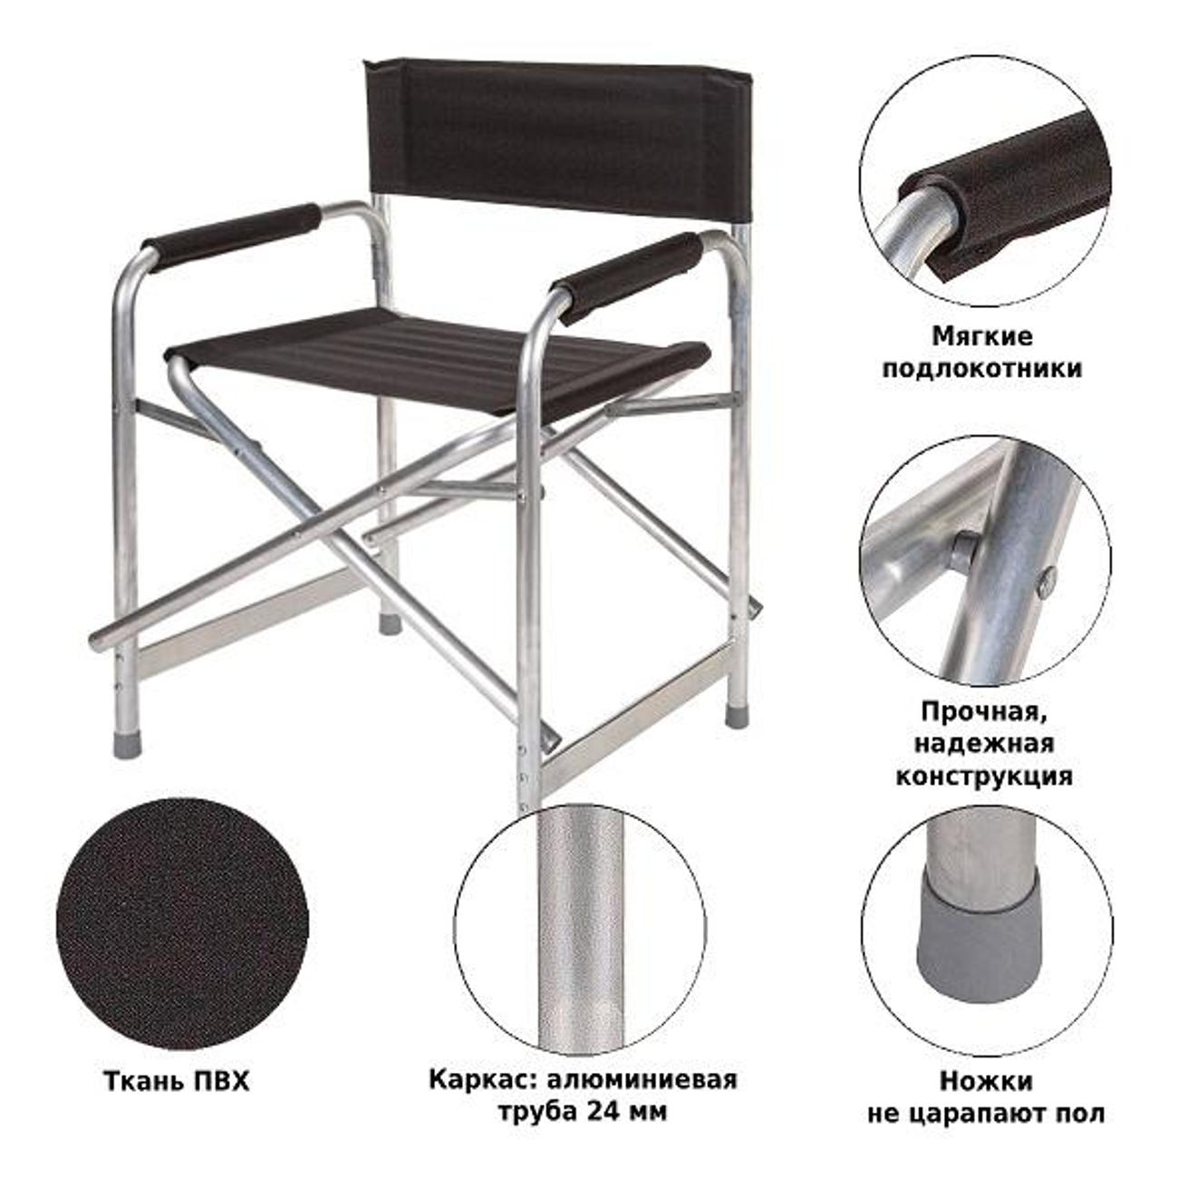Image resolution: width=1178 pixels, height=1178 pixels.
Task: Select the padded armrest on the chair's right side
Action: point(629,277)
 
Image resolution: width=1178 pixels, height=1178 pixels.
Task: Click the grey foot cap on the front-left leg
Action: point(127,743)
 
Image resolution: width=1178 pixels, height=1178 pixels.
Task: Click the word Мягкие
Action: point(982,337)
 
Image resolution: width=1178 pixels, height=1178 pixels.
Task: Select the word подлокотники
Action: point(982,369)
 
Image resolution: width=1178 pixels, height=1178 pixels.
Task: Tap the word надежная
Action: point(984,744)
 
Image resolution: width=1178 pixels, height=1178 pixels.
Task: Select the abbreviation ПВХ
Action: point(221,1082)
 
